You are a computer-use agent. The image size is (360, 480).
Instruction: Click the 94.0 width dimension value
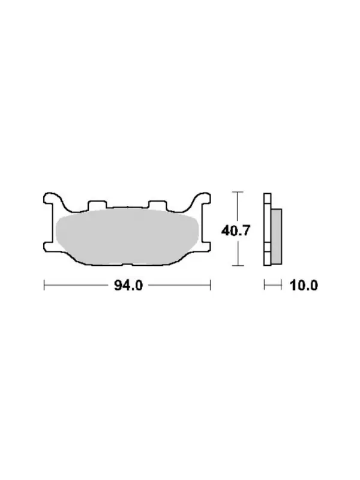128,286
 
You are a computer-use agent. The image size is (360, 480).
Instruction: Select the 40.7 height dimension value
236,230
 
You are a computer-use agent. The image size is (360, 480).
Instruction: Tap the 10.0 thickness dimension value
304,286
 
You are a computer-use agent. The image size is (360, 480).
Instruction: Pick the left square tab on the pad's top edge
97,204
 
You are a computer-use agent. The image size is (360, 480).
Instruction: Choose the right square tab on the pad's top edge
157,204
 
